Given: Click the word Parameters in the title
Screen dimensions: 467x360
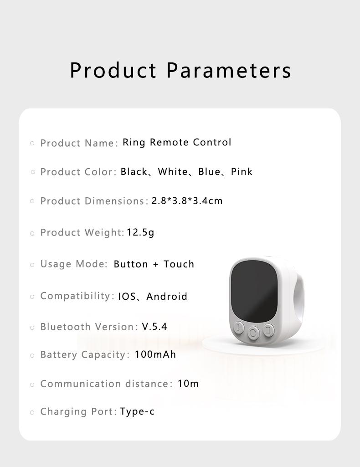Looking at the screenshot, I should click(x=228, y=70).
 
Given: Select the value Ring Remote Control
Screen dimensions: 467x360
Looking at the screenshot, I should click(x=177, y=142).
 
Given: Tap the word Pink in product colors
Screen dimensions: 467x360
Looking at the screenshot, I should click(x=242, y=172).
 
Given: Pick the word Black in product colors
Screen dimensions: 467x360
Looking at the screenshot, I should click(x=134, y=172).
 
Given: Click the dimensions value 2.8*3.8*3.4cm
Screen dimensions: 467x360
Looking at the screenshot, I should click(x=187, y=201).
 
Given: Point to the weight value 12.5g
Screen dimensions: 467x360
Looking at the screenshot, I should click(x=140, y=232).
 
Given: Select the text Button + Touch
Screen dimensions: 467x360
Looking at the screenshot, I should click(x=154, y=264).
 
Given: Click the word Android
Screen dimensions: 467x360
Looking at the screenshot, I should click(x=167, y=297).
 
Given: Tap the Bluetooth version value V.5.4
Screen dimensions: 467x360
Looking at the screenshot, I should click(x=154, y=327).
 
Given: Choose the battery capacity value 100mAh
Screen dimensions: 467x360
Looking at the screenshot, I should click(x=155, y=354).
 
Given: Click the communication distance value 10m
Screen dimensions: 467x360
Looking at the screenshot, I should click(x=188, y=384).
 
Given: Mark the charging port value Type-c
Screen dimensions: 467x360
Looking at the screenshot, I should click(x=137, y=412).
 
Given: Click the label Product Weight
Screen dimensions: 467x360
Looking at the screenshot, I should click(x=82, y=232).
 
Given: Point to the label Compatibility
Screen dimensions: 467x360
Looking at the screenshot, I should click(x=76, y=296).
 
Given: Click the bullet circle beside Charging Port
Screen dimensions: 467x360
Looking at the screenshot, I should click(x=32, y=412).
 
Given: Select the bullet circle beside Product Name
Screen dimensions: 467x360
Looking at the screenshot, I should click(x=32, y=143).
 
